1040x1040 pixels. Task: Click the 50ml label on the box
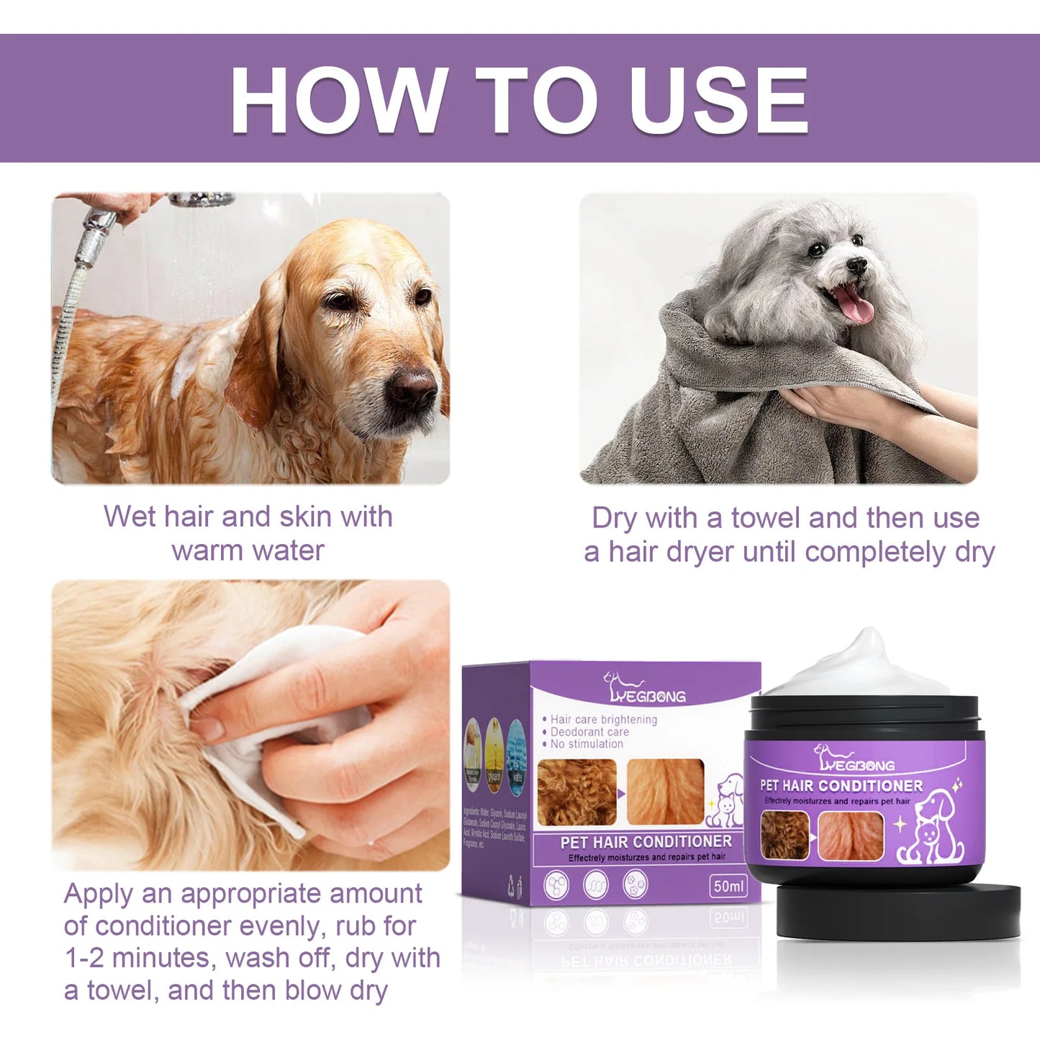point(728,886)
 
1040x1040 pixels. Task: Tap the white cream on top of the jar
point(864,666)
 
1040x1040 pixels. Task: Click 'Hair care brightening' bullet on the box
point(603,719)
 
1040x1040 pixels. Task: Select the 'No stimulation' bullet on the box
point(586,744)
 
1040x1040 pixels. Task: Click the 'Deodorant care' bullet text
point(589,732)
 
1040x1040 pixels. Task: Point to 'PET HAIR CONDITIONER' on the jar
point(841,786)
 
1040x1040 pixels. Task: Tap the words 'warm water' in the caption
point(248,551)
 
